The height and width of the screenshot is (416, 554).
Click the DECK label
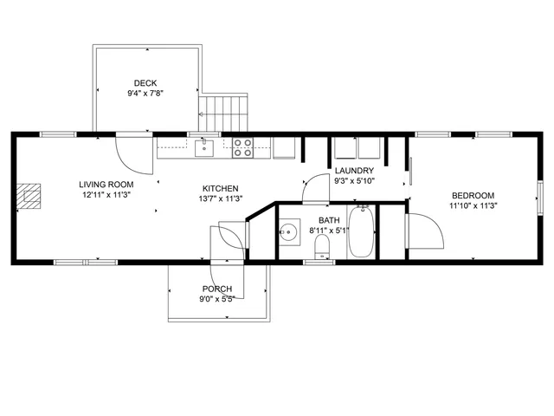pyautogui.click(x=145, y=83)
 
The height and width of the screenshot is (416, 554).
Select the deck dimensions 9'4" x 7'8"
pyautogui.click(x=145, y=94)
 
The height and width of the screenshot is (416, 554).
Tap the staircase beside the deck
pyautogui.click(x=224, y=112)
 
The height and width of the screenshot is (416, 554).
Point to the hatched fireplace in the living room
pyautogui.click(x=32, y=196)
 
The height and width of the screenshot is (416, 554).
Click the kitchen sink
pyautogui.click(x=203, y=147)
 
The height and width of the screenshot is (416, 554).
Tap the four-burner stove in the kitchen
pyautogui.click(x=242, y=147)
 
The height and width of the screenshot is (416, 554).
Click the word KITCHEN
pyautogui.click(x=221, y=188)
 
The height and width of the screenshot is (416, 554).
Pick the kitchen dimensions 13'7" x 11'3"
pyautogui.click(x=221, y=198)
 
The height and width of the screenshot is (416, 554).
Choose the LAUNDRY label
pyautogui.click(x=354, y=170)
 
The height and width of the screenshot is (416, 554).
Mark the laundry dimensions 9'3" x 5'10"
pyautogui.click(x=354, y=180)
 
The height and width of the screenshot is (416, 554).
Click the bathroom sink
pyautogui.click(x=287, y=231)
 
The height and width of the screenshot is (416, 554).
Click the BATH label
pyautogui.click(x=329, y=220)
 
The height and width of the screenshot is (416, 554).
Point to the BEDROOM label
pyautogui.click(x=472, y=195)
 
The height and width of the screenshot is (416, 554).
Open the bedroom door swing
pyautogui.click(x=422, y=230)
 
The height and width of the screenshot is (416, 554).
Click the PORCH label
pyautogui.click(x=217, y=289)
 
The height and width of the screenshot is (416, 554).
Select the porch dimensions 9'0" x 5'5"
pyautogui.click(x=217, y=299)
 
